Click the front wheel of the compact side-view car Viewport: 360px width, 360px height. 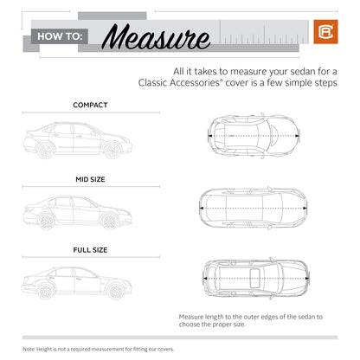[111, 151]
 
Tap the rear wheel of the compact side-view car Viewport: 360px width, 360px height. [46, 151]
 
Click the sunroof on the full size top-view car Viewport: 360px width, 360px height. [254, 279]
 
